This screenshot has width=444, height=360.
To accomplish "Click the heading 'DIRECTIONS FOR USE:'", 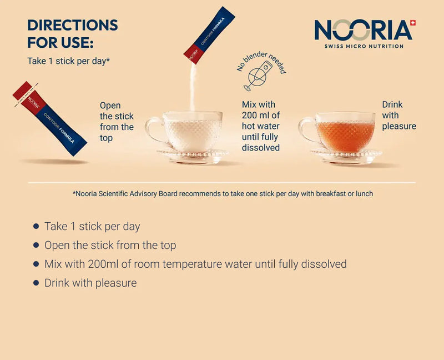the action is (73, 34).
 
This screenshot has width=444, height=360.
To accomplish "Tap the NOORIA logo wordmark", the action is (363, 30).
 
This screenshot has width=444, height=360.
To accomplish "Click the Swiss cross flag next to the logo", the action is (413, 23).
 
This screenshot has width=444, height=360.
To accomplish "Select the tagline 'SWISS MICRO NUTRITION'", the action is (364, 46).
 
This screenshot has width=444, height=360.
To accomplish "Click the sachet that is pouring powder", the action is (209, 35).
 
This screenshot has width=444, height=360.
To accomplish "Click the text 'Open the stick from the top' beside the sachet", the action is (117, 122).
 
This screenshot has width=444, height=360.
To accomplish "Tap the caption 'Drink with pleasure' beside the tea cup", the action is (399, 116).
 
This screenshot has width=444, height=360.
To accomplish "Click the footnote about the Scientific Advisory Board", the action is (223, 193).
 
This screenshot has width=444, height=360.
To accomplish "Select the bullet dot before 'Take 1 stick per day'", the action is (36, 226).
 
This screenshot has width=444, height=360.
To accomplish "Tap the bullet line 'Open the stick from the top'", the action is (110, 245).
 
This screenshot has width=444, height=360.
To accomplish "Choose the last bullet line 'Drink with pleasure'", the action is (90, 283).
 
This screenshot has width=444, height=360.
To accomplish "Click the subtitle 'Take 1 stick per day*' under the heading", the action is (68, 61).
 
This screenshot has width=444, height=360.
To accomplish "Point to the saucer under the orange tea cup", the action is (346, 156).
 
